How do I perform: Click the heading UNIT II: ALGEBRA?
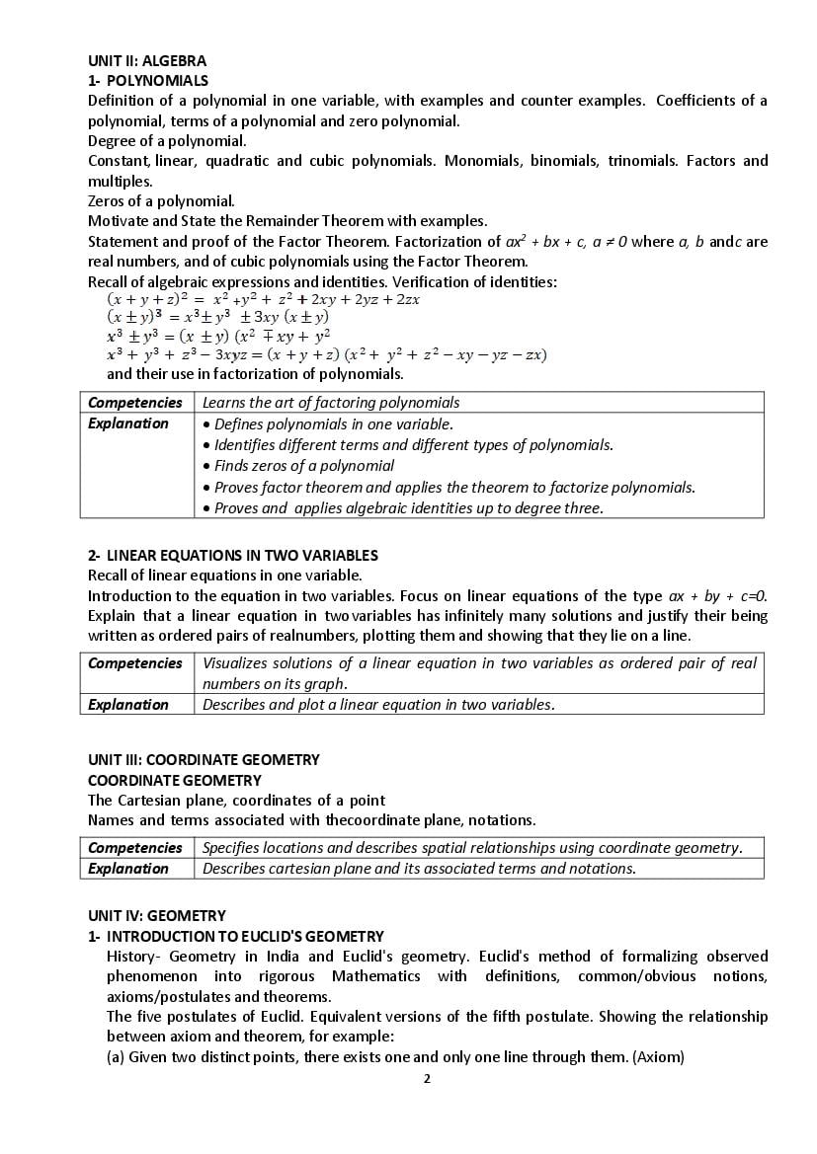pyautogui.click(x=147, y=60)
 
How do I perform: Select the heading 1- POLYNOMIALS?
pyautogui.click(x=148, y=81)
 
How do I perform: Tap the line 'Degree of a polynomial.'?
pyautogui.click(x=167, y=141)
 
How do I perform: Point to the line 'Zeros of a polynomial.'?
pyautogui.click(x=161, y=201)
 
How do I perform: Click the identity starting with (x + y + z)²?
pyautogui.click(x=263, y=299)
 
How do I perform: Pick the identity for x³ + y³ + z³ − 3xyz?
pyautogui.click(x=326, y=354)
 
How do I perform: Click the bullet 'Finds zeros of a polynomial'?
pyautogui.click(x=304, y=466)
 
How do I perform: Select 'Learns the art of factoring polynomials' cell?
pyautogui.click(x=331, y=403)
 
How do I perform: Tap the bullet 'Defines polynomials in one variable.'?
pyautogui.click(x=333, y=424)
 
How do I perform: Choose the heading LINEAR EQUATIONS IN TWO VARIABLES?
pyautogui.click(x=242, y=556)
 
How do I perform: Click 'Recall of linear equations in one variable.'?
pyautogui.click(x=225, y=576)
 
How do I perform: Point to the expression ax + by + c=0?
pyautogui.click(x=717, y=596)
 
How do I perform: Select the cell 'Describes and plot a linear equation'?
pyautogui.click(x=378, y=705)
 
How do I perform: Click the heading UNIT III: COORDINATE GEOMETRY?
pyautogui.click(x=204, y=760)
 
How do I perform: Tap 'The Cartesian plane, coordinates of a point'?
pyautogui.click(x=236, y=800)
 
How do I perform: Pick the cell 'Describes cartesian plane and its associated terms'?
pyautogui.click(x=419, y=869)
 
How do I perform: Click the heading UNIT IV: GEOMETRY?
pyautogui.click(x=157, y=916)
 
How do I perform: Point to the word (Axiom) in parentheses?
pyautogui.click(x=658, y=1057)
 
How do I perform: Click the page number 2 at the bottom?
pyautogui.click(x=427, y=1078)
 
